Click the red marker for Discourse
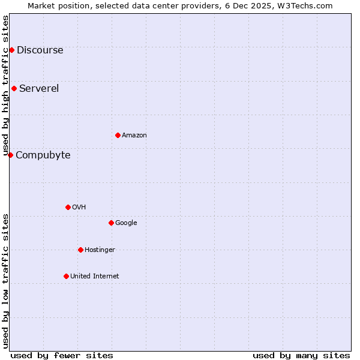[11, 50]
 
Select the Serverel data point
[14, 88]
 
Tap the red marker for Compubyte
[10, 155]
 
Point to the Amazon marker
[118, 135]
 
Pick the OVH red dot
[68, 207]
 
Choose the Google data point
[111, 223]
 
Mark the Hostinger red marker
[80, 250]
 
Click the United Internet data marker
[66, 276]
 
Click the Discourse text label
[40, 50]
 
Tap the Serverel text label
[39, 89]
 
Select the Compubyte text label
[43, 155]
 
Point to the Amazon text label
[134, 136]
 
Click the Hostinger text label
[100, 250]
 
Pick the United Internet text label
[94, 277]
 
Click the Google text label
[126, 223]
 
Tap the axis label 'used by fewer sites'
[62, 355]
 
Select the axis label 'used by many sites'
[301, 355]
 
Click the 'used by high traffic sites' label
[6, 85]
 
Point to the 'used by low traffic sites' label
[6, 281]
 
